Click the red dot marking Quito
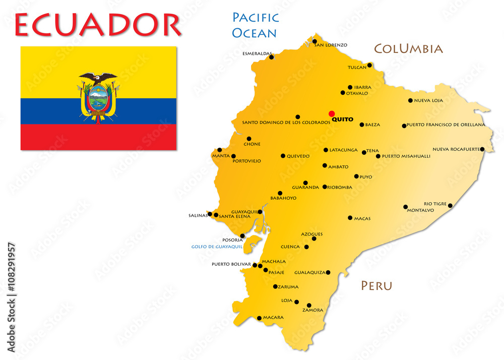pyautogui.click(x=332, y=113)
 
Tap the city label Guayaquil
pyautogui.click(x=244, y=212)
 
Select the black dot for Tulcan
pyautogui.click(x=369, y=65)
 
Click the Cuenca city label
pyautogui.click(x=290, y=247)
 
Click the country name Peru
pyautogui.click(x=376, y=286)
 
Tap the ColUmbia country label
pyautogui.click(x=408, y=49)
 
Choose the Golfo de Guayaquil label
pyautogui.click(x=217, y=247)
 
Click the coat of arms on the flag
pyautogui.click(x=98, y=98)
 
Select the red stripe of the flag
pyautogui.click(x=98, y=137)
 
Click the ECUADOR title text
pyautogui.click(x=98, y=25)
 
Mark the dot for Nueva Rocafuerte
pyautogui.click(x=482, y=149)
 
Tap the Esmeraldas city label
pyautogui.click(x=257, y=53)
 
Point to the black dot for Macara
pyautogui.click(x=259, y=318)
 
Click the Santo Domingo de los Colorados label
pyautogui.click(x=286, y=123)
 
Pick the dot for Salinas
pyautogui.click(x=210, y=214)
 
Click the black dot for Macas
pyautogui.click(x=350, y=218)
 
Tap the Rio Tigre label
pyautogui.click(x=435, y=204)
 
